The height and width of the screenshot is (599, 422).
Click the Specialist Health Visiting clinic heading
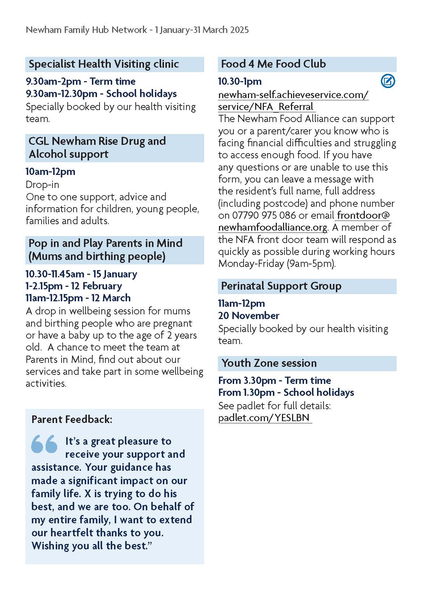coord(104,64)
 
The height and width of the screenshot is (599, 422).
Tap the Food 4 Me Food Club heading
coord(273,64)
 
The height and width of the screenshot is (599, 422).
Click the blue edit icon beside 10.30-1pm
coord(388,81)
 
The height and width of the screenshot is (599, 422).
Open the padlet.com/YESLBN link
coord(265,418)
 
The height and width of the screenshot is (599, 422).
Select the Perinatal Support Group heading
coord(281,286)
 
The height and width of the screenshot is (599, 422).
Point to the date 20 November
coord(248,315)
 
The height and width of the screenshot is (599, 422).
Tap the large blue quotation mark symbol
coord(45,444)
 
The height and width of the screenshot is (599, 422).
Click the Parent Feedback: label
coord(72,419)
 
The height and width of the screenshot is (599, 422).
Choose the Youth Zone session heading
coord(269,363)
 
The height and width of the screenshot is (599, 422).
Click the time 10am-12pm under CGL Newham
coord(50,171)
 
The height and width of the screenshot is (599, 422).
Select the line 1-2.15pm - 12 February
coord(73,286)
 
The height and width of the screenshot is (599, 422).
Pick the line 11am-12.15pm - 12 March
coord(78,298)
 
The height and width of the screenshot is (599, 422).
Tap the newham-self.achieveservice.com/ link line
coord(293,95)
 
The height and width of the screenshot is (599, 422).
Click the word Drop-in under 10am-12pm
coord(42,184)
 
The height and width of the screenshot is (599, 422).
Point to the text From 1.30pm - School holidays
coord(286,392)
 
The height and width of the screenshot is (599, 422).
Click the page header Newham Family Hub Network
coord(86,30)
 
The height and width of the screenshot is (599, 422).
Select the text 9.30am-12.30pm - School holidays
coord(101,93)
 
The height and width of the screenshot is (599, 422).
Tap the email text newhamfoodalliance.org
coord(273,227)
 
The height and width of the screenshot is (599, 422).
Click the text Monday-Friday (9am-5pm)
coord(277,263)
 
